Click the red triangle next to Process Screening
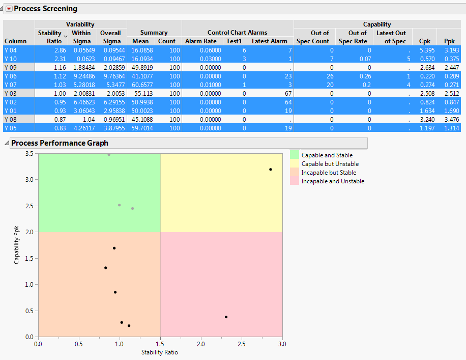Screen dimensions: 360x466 pos(8,9)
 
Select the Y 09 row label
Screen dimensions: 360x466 pos(11,67)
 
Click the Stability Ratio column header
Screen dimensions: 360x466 pos(50,37)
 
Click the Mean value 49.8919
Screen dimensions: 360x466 pos(142,67)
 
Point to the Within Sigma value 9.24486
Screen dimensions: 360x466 pos(82,76)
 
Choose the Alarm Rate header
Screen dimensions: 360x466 pos(200,41)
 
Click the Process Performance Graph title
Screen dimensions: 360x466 pos(60,143)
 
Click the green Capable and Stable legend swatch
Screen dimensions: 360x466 pos(294,155)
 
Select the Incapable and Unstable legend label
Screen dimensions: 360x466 pos(333,181)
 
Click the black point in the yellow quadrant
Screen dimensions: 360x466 pos(271,170)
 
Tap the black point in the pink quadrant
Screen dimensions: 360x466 pos(226,317)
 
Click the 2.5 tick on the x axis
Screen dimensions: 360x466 pos(241,344)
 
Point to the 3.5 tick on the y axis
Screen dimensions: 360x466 pos(30,154)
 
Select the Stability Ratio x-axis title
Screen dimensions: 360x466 pos(159,352)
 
